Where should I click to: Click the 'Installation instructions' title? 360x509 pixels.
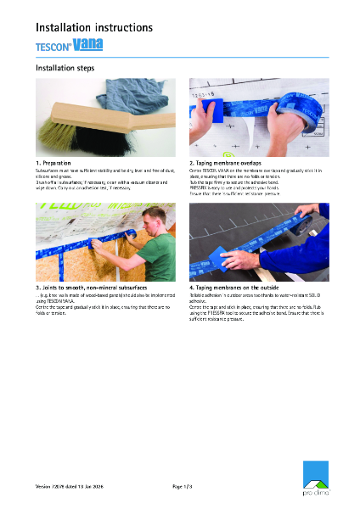click(x=93, y=27)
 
